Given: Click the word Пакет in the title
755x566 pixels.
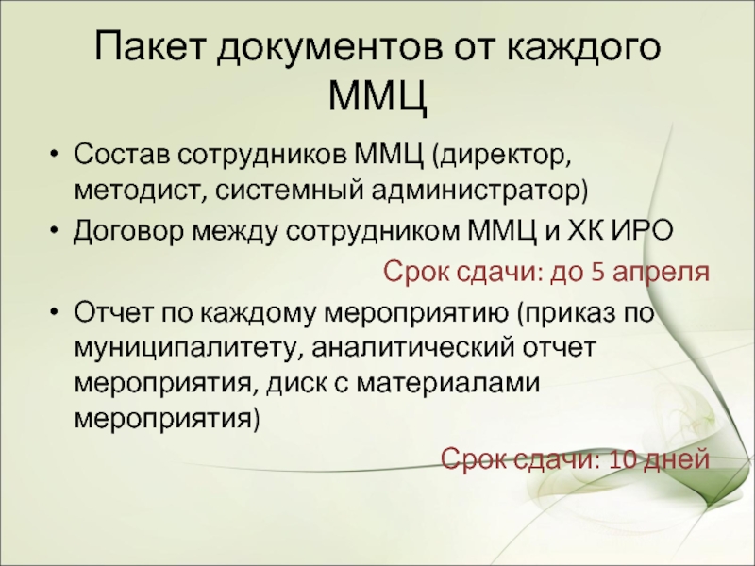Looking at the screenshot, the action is pos(149,46).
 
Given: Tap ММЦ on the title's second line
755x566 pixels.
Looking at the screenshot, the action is pos(378,94).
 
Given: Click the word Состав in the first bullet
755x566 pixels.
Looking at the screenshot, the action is pos(122,154).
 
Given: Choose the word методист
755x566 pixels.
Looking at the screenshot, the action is pos(137,191).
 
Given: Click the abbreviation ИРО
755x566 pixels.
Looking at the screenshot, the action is pos(644,230).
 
